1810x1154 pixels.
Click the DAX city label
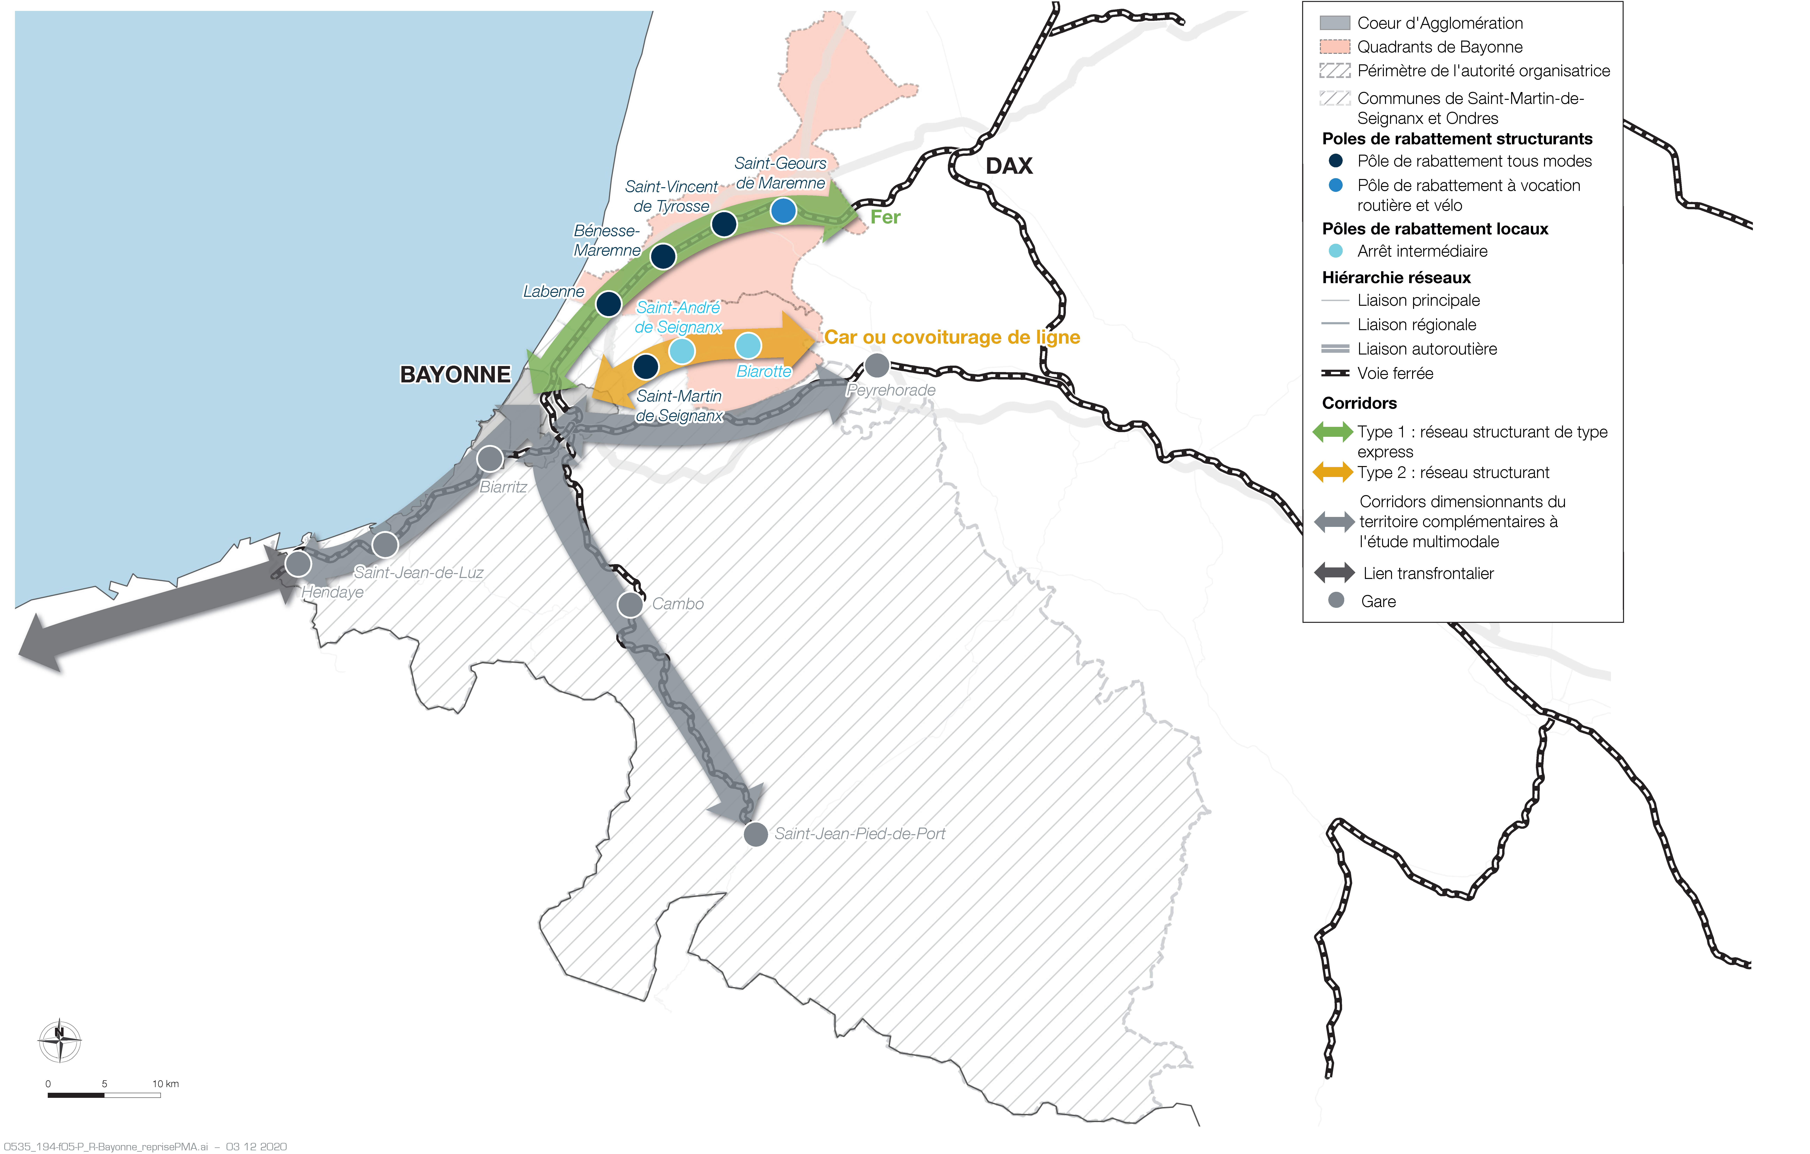click(x=1009, y=166)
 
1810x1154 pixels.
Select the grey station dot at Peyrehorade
click(x=876, y=365)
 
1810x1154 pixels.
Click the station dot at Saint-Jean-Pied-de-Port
click(x=755, y=834)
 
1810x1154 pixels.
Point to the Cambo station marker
click(x=630, y=604)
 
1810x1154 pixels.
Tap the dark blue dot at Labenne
click(x=608, y=304)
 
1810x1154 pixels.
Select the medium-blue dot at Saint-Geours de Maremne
click(x=783, y=211)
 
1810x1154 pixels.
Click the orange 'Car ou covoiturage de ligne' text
click(x=952, y=338)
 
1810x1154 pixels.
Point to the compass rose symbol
click(x=59, y=1041)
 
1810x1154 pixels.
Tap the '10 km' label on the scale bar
click(x=165, y=1083)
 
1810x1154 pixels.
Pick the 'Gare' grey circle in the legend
click(x=1336, y=600)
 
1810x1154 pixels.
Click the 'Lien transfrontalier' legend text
click(x=1428, y=574)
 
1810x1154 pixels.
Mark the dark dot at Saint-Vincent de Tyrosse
click(x=724, y=223)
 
